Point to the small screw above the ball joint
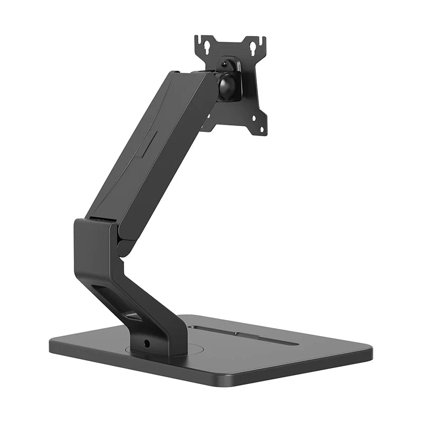click(x=225, y=64)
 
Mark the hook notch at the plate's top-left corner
click(x=198, y=39)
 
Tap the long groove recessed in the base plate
click(x=243, y=335)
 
